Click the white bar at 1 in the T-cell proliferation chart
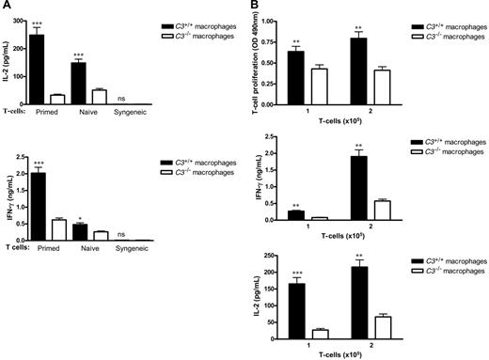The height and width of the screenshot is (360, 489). click(323, 81)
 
